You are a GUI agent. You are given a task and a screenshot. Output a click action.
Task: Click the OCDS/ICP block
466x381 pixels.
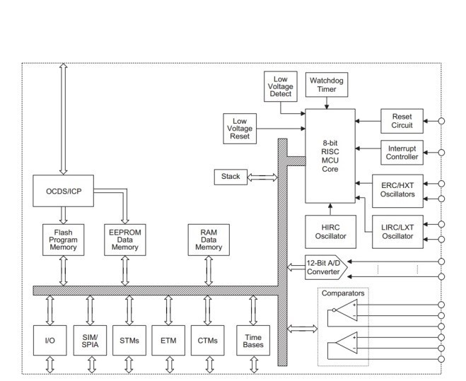pos(64,191)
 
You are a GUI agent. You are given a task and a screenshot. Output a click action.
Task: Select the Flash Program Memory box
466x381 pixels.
pos(64,240)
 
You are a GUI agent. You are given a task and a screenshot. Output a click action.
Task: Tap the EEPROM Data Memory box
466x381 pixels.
pos(125,240)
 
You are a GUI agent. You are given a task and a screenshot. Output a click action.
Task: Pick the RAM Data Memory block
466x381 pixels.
pos(209,240)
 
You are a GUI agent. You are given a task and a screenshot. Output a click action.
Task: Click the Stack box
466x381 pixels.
pos(231,177)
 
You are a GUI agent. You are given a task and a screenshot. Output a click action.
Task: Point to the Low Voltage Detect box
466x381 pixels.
pos(281,86)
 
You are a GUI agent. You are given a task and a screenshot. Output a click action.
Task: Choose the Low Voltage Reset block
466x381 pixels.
pos(240,129)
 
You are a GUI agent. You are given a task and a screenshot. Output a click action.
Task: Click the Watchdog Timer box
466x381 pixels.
pos(327,85)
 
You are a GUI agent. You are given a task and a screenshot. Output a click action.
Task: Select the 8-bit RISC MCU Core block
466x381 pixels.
pos(330,156)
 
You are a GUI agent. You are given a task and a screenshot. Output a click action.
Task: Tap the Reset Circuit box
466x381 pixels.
pos(402,121)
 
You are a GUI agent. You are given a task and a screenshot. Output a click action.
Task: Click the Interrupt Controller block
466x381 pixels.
pos(402,153)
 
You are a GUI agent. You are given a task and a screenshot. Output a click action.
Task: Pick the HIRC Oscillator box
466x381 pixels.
pos(330,232)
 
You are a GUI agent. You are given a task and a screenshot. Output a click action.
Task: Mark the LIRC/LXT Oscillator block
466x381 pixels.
pos(397,232)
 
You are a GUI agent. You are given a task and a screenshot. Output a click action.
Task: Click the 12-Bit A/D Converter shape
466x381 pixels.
pos(326,267)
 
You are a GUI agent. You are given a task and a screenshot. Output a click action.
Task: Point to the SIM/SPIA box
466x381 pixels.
pos(90,340)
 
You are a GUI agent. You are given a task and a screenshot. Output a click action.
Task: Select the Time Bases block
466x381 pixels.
pos(253,340)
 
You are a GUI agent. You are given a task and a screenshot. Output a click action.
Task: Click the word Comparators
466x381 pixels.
pos(343,293)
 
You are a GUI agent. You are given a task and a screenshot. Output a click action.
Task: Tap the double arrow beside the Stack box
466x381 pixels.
pos(262,177)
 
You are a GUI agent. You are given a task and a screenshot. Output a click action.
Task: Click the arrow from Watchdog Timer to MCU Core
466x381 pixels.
pos(327,102)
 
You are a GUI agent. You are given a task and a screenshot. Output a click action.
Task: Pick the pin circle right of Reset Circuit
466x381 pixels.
pos(442,121)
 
